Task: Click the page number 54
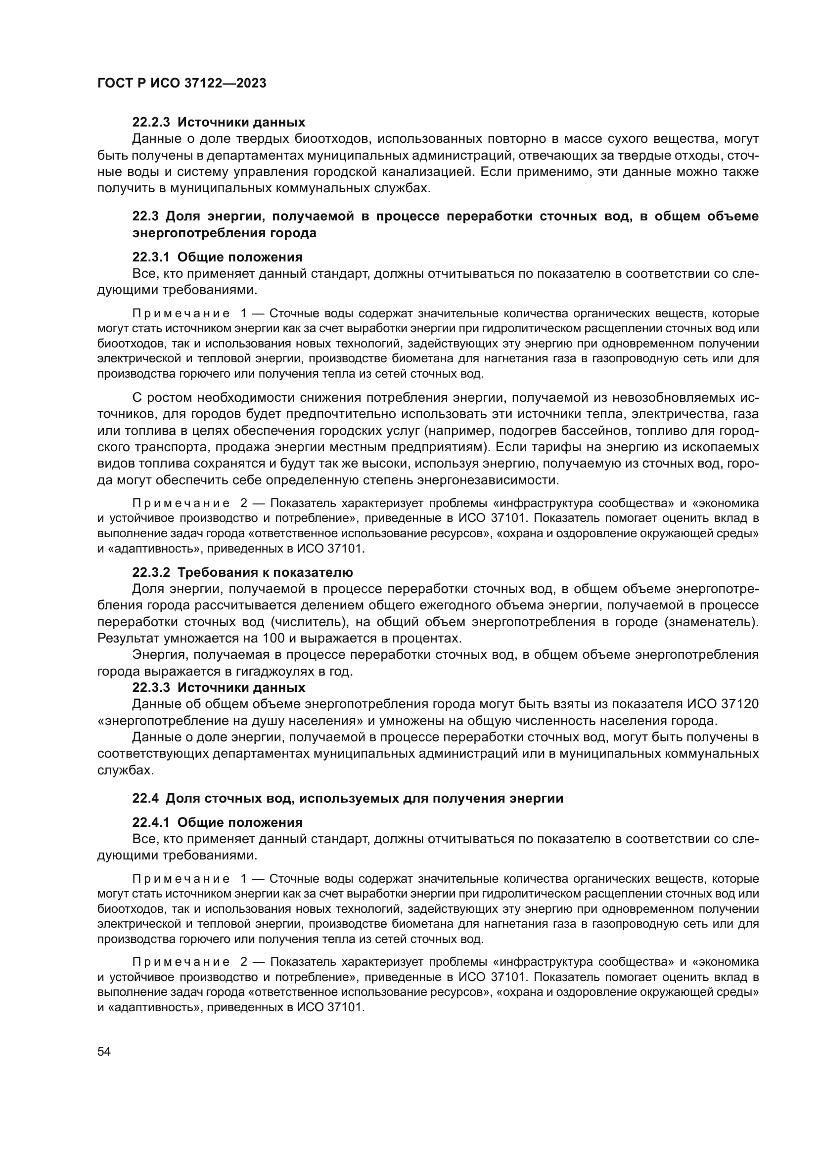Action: (104, 1051)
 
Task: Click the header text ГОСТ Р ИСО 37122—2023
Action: (182, 84)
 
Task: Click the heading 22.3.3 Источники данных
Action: (219, 687)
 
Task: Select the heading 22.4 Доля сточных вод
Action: (348, 798)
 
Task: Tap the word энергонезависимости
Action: (488, 480)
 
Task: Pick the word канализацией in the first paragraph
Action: (422, 172)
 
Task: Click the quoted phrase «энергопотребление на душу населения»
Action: (230, 721)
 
